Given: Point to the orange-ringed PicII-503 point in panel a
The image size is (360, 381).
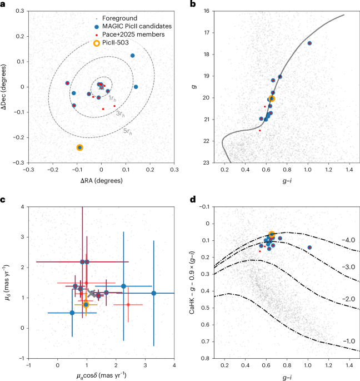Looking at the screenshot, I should (80, 147).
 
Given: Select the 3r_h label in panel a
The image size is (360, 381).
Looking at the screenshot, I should (119, 113).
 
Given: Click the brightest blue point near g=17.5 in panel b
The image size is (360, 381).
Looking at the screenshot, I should (309, 43).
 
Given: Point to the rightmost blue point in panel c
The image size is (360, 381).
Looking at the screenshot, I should (154, 293).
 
